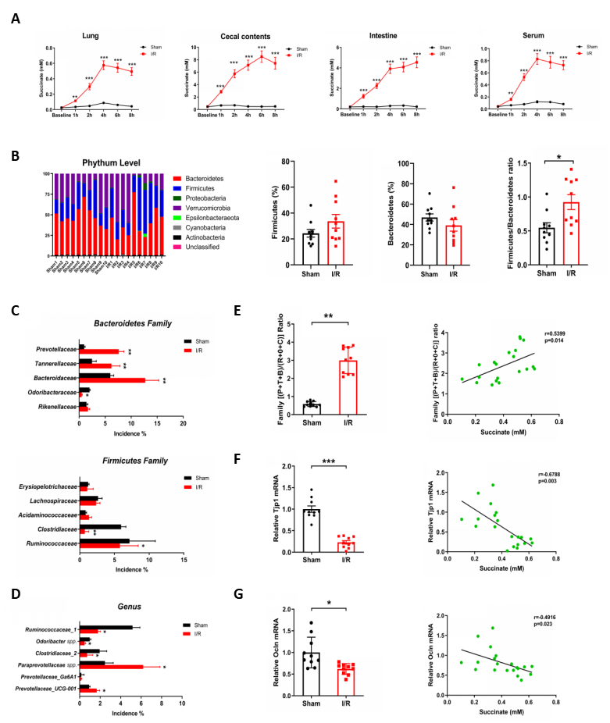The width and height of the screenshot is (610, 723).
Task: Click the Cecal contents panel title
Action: click(x=235, y=36)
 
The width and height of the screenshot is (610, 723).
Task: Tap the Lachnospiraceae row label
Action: click(x=52, y=500)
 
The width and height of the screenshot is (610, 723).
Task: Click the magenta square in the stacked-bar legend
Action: click(x=178, y=247)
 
